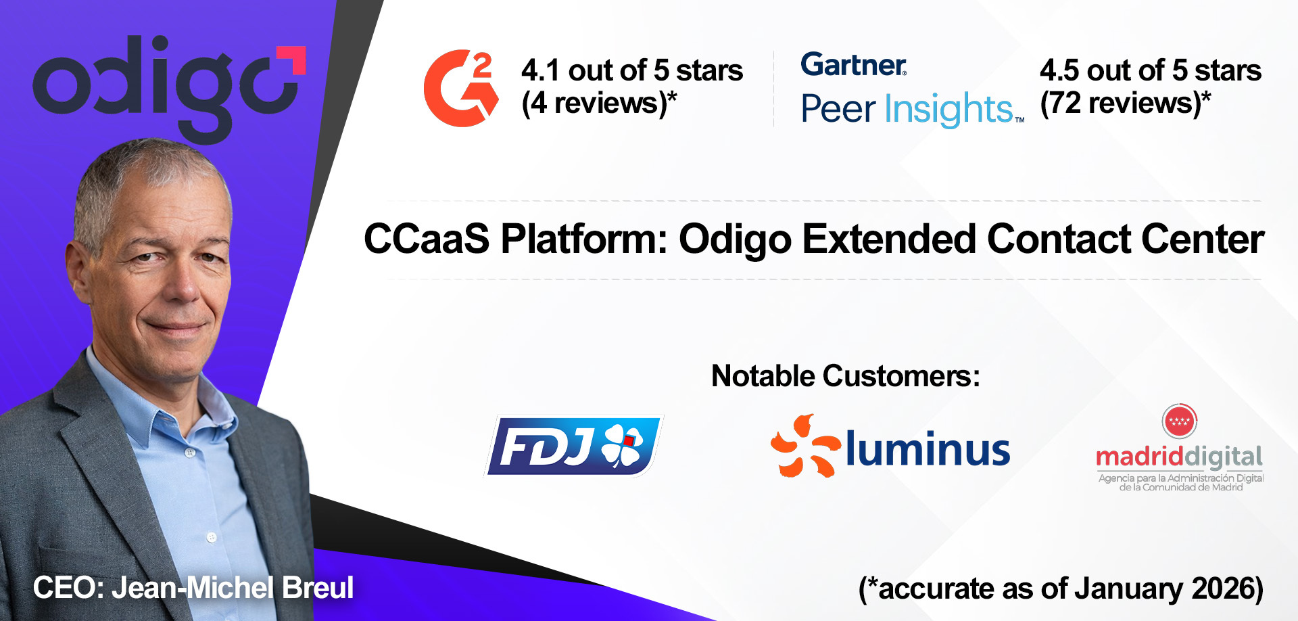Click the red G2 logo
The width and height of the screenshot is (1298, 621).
(460, 88)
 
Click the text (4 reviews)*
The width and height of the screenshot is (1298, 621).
(599, 103)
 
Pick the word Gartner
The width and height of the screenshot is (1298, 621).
(853, 65)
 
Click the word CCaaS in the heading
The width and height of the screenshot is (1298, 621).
(426, 239)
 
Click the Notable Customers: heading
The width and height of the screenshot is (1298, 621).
(845, 376)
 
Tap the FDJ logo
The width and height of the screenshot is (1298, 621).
(573, 446)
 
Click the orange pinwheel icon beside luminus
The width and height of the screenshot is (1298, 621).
(804, 446)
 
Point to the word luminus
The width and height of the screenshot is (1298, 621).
(928, 449)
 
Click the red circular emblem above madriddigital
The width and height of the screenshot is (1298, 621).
(1179, 421)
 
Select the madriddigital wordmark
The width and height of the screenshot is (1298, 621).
(1179, 457)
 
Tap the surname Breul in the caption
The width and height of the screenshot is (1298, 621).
(318, 587)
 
